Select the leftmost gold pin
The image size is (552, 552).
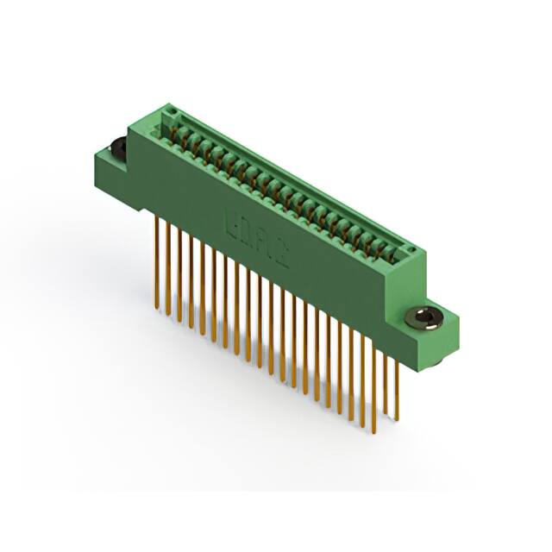click(156, 259)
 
